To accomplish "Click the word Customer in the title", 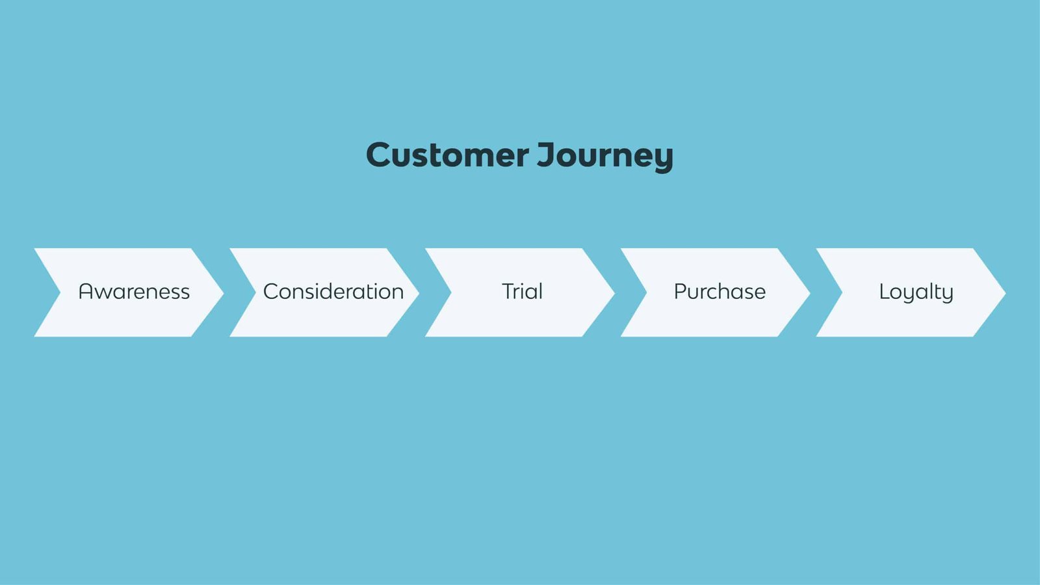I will pyautogui.click(x=447, y=155).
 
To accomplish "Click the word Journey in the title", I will pyautogui.click(x=605, y=155).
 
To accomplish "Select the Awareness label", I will pyautogui.click(x=134, y=292).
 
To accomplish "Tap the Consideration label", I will pyautogui.click(x=333, y=292).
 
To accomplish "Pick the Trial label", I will pyautogui.click(x=522, y=292).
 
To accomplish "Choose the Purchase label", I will pyautogui.click(x=720, y=292).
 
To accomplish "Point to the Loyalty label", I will pyautogui.click(x=916, y=292).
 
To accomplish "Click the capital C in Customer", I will pyautogui.click(x=380, y=155).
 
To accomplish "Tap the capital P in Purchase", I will pyautogui.click(x=681, y=291).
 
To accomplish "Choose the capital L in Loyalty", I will pyautogui.click(x=884, y=291).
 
